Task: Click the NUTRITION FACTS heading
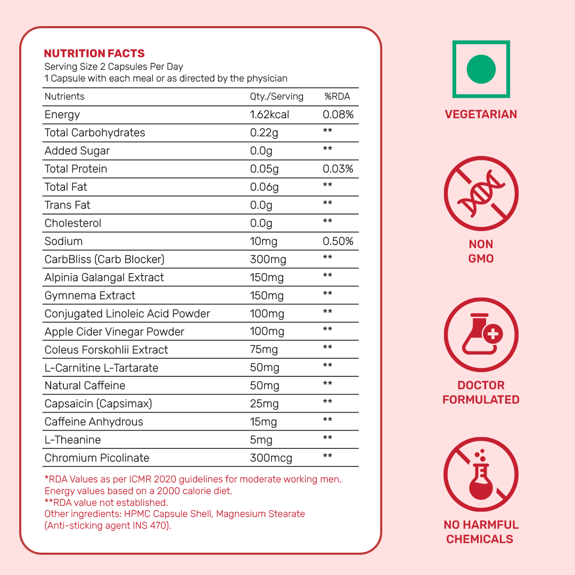pos(94,53)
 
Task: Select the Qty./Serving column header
pos(276,96)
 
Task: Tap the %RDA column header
pos(337,96)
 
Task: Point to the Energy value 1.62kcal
pos(270,114)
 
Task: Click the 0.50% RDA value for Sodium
pos(338,241)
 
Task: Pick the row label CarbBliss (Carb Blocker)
pos(104,259)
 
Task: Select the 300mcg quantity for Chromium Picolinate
pos(271,458)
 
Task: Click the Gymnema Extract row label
pos(90,295)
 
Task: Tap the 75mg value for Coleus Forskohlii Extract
pos(264,350)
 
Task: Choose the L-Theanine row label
pos(72,440)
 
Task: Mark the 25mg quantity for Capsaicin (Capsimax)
pos(264,404)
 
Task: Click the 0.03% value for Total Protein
pos(338,169)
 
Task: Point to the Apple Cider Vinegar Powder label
pos(114,332)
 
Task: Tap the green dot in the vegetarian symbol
pos(481,69)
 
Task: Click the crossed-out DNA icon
pos(481,193)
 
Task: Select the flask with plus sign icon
pos(481,335)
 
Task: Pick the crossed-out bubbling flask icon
pos(481,475)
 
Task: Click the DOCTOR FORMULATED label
pos(481,392)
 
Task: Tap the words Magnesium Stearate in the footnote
pos(260,514)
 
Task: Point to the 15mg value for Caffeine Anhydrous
pos(264,422)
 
